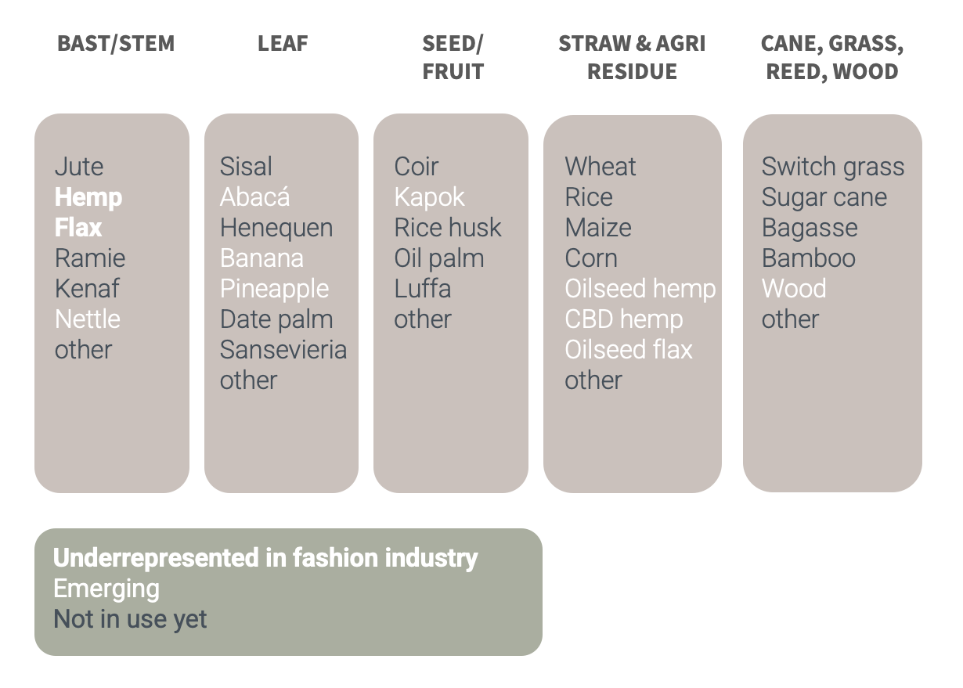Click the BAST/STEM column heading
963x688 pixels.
[116, 43]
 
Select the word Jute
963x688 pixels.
[79, 167]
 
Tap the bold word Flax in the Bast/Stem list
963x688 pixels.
[78, 228]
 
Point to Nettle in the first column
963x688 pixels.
[87, 319]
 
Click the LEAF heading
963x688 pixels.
[283, 43]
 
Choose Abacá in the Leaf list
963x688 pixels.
[254, 197]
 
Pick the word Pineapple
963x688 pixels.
[274, 289]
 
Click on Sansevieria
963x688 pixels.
[283, 350]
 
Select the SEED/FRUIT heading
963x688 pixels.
[453, 57]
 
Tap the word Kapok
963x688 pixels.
[429, 197]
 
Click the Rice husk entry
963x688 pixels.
[448, 228]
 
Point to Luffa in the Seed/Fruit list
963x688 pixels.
[423, 289]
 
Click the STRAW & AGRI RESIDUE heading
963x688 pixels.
[632, 57]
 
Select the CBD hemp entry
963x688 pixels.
[624, 319]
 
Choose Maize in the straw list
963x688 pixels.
[598, 228]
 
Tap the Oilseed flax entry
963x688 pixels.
[629, 350]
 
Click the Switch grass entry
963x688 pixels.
[832, 167]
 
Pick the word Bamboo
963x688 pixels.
[808, 258]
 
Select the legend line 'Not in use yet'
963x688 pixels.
[130, 620]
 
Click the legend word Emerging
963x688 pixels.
[106, 589]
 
